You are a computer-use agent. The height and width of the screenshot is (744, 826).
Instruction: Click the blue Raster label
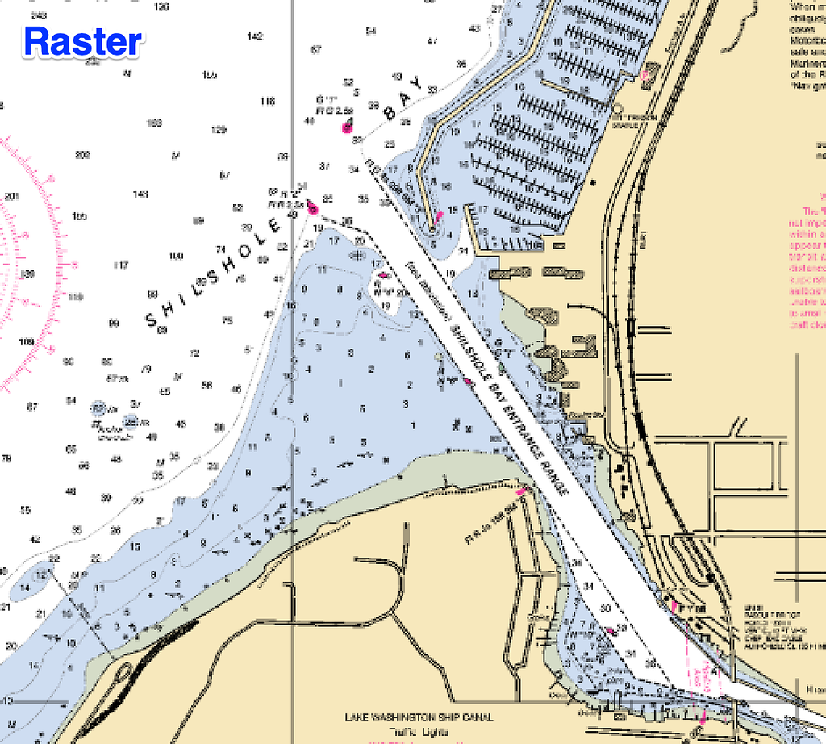coord(83,41)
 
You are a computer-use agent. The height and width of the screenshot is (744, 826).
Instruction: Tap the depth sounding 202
coord(81,155)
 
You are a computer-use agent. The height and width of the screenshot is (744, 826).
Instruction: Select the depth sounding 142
coord(255,36)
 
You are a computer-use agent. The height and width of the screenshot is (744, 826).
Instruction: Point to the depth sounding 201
coord(11,196)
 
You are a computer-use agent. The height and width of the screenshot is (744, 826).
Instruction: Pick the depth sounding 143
coord(140,194)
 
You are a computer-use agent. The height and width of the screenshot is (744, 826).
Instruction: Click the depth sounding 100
coord(176,256)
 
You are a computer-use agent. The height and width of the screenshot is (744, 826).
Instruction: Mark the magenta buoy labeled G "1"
coord(347,127)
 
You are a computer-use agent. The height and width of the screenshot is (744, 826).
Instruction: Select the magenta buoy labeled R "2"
coord(313,210)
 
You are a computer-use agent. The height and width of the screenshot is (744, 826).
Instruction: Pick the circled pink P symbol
coord(645,75)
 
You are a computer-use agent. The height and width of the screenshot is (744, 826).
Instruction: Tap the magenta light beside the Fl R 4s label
coord(520,490)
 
